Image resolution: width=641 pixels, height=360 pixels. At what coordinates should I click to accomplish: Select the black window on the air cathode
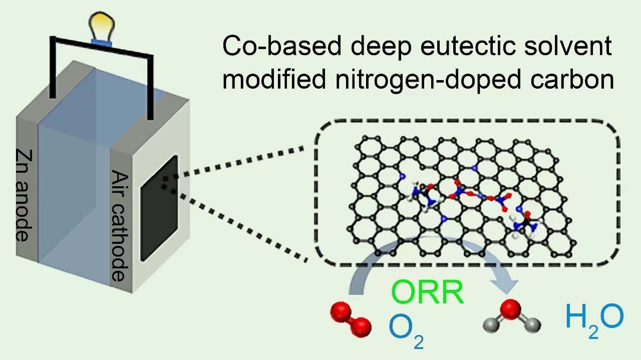tap(159, 208)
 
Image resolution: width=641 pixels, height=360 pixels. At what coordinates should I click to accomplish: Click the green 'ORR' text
tap(427, 293)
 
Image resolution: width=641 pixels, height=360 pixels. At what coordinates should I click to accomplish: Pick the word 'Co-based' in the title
tap(280, 47)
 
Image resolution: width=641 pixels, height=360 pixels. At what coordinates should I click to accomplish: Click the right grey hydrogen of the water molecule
tap(535, 325)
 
